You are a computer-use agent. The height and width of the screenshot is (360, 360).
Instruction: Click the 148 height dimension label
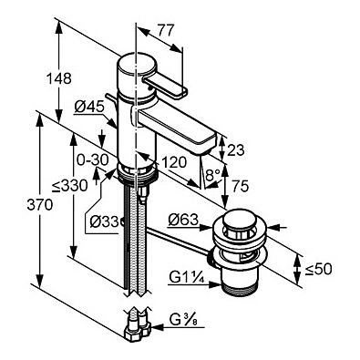point(58,78)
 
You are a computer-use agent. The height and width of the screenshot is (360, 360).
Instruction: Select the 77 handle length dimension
point(166,30)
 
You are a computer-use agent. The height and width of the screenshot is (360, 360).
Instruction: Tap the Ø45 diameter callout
point(89,107)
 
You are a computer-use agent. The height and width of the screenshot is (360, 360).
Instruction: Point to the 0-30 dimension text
point(92,159)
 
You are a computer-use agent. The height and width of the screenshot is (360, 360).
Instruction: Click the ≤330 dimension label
point(70,185)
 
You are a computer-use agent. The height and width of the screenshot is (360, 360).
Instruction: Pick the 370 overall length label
point(40,205)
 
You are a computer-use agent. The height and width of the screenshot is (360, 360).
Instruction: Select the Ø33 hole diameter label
point(104,221)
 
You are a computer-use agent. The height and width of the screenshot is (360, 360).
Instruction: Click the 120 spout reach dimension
point(174,163)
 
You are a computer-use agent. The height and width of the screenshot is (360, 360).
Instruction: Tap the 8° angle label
point(212,175)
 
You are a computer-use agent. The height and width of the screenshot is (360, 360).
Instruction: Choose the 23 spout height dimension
point(236,150)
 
